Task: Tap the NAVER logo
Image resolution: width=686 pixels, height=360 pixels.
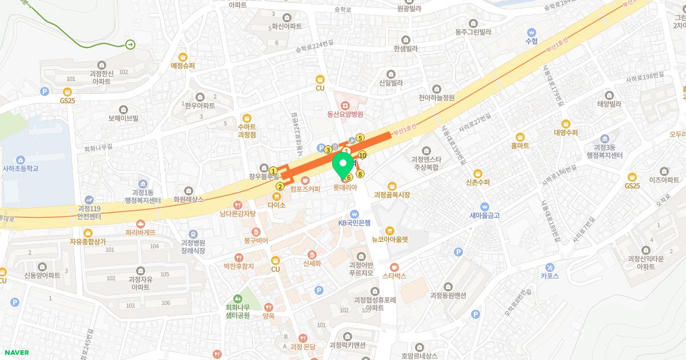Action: click(16, 353)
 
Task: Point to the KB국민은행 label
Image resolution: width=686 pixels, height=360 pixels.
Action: click(354, 222)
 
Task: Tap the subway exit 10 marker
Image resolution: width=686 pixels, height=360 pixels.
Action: click(362, 155)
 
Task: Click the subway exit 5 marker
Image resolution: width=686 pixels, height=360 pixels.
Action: click(360, 138)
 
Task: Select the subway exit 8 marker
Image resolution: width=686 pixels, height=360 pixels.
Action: click(360, 174)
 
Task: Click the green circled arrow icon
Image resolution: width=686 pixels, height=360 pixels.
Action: click(130, 44)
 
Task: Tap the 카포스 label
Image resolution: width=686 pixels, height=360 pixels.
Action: click(549, 274)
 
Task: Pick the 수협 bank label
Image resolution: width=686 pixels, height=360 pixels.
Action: click(532, 41)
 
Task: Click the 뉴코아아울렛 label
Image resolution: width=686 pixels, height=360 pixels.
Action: click(390, 239)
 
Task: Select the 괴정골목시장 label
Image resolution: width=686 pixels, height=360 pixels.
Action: click(392, 195)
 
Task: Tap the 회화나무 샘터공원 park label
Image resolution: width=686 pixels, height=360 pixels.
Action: click(238, 311)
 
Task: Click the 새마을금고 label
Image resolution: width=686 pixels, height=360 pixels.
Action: click(484, 215)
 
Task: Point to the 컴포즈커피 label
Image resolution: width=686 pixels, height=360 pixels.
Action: click(305, 189)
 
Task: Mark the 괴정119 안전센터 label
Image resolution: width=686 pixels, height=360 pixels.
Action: click(89, 213)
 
